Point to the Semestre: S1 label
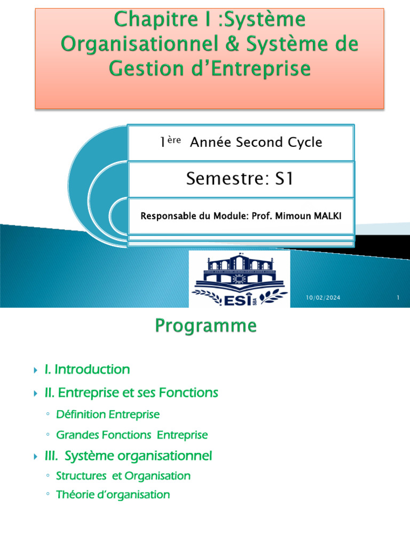tap(240, 178)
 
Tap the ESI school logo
tap(240, 279)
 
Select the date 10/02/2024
tap(323, 298)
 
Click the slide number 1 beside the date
tap(398, 298)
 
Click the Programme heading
tap(206, 325)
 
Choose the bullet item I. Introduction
tap(87, 369)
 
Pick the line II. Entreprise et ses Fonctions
tap(131, 393)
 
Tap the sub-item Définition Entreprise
tap(107, 415)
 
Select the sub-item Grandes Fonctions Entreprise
tap(131, 435)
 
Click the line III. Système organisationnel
tap(128, 456)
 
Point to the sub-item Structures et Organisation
tap(123, 475)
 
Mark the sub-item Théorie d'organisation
tap(113, 495)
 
